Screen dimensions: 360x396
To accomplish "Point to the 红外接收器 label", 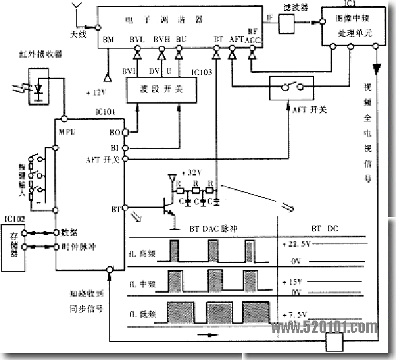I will point(41,55).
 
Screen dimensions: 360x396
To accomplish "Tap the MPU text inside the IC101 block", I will point(68,131).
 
